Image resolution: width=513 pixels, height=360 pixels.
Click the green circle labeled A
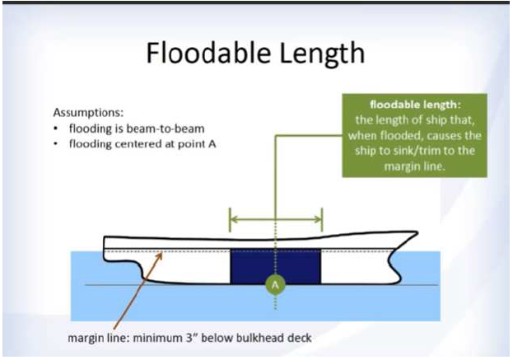(x=275, y=284)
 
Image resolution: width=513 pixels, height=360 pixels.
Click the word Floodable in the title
(x=208, y=53)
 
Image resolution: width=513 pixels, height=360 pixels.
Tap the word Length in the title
(x=322, y=54)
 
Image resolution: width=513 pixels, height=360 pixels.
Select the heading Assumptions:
(x=88, y=113)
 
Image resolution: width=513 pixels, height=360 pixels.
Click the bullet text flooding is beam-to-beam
(x=137, y=129)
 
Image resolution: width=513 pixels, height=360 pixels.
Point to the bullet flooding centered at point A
(x=142, y=144)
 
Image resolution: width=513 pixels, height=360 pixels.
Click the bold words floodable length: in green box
(x=415, y=105)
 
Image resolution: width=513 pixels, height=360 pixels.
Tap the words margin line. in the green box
(x=415, y=166)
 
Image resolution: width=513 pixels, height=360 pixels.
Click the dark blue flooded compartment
(x=276, y=266)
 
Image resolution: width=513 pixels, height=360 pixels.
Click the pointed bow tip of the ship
(x=417, y=232)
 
